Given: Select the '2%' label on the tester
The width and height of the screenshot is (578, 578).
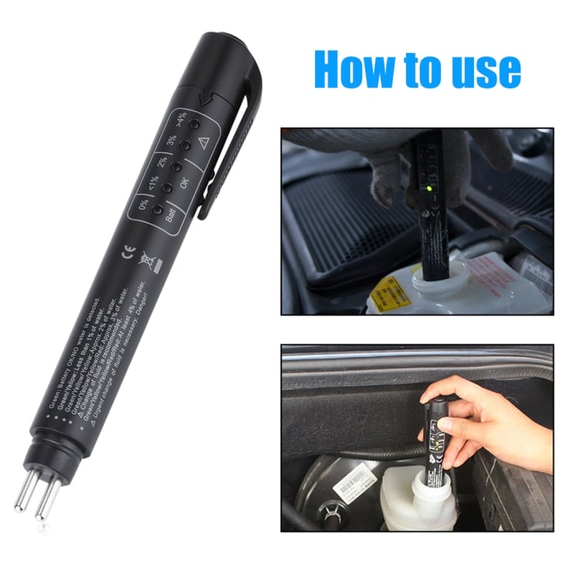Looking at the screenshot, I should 162,163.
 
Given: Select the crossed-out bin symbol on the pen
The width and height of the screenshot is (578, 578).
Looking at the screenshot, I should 146,261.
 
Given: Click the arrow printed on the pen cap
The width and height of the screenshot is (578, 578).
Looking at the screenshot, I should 204,99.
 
